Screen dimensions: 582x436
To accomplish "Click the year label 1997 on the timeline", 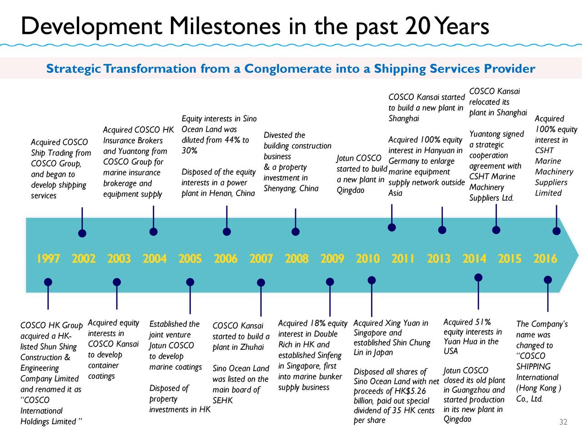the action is coord(48,258).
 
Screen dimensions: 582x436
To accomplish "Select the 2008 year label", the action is coord(297,258).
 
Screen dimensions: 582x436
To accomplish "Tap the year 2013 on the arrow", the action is coord(439,258).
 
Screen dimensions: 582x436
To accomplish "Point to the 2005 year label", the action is coord(190,258).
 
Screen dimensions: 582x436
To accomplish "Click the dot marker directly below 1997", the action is coord(48,282).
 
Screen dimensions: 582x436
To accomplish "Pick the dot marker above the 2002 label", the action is coord(82,233).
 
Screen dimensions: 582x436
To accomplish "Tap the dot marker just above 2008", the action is coord(296,232).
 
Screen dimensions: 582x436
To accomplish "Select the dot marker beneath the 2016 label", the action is coord(548,280).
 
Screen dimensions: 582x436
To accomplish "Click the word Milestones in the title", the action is coord(225,26).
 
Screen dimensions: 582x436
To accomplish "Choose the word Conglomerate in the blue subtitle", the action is coord(288,69).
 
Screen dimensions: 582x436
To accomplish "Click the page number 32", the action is coord(563,422).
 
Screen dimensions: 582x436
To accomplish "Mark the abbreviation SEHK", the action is coord(222,400).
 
